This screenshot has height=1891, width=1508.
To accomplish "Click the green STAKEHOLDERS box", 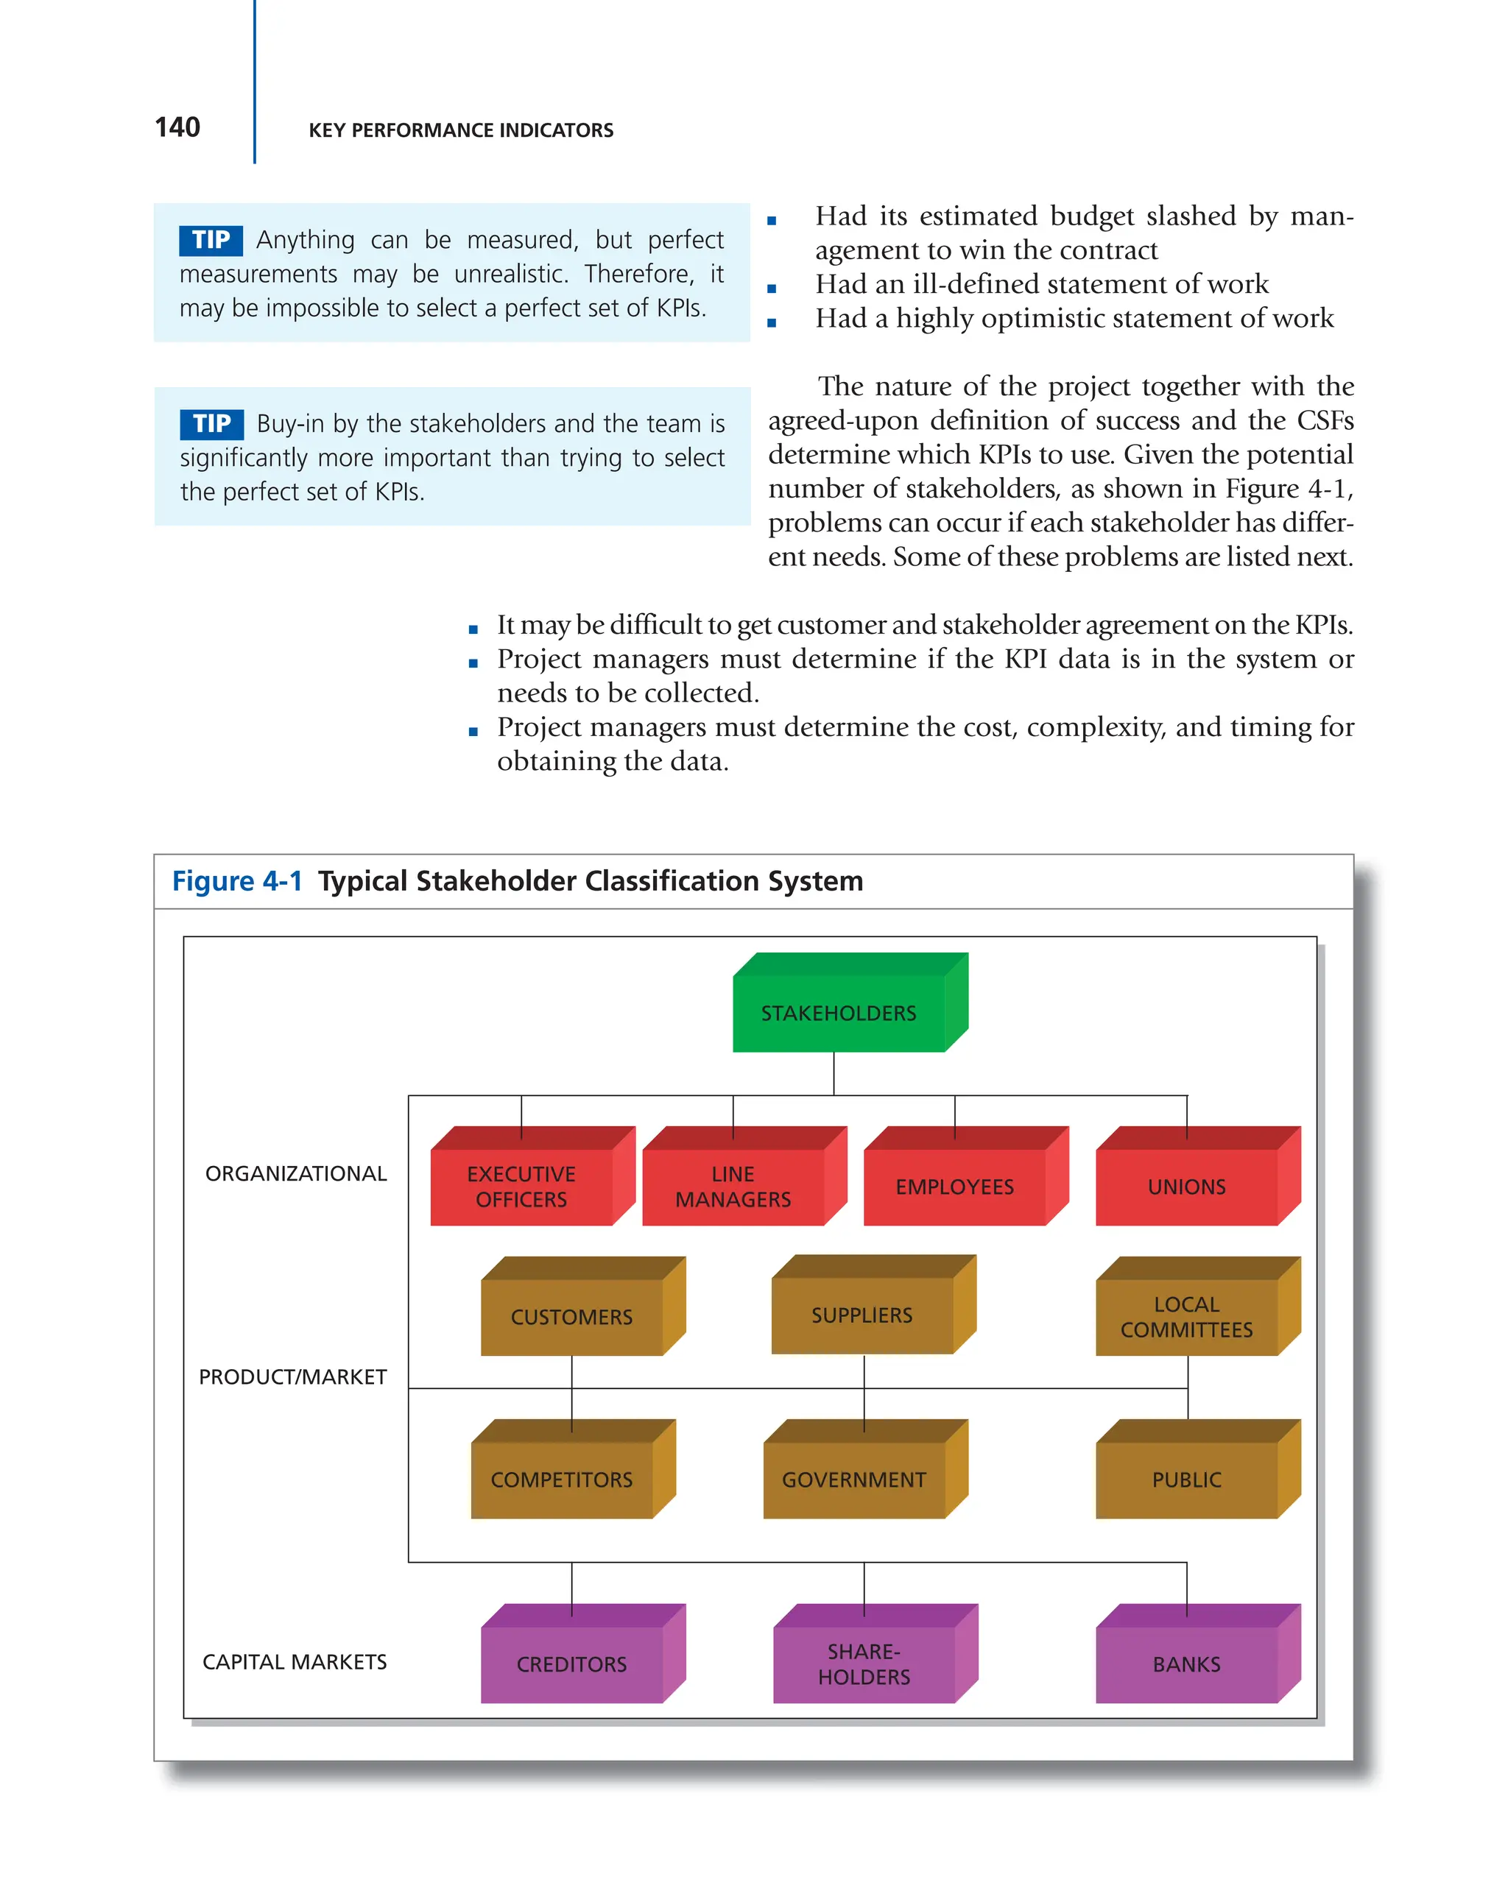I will [x=839, y=1012].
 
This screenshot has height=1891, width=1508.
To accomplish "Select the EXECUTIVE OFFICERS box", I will [x=521, y=1186].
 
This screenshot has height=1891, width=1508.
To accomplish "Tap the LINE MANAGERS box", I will [x=733, y=1186].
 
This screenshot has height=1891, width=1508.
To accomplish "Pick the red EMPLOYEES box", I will [x=954, y=1186].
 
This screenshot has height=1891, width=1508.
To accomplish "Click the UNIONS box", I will [x=1186, y=1186].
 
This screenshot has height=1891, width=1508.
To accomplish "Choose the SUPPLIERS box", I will [x=862, y=1314].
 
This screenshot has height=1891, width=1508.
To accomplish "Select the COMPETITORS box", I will [x=561, y=1479].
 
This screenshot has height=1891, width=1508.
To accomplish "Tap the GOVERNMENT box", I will [x=853, y=1479].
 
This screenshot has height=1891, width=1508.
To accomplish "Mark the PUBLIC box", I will [x=1186, y=1479].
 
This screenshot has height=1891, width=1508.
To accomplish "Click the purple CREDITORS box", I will [x=571, y=1663].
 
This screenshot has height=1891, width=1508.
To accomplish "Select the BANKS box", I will [x=1186, y=1663].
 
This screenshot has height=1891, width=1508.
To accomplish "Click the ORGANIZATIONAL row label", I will [x=295, y=1173].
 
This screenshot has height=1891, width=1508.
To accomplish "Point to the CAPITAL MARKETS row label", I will [x=295, y=1662].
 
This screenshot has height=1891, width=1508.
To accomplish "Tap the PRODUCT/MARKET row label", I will [x=292, y=1377].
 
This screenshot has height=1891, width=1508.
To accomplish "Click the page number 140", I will [x=177, y=128].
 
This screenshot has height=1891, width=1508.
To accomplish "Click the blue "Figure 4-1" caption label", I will [x=237, y=880].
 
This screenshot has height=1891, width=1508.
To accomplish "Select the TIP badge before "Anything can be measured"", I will [x=211, y=239].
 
